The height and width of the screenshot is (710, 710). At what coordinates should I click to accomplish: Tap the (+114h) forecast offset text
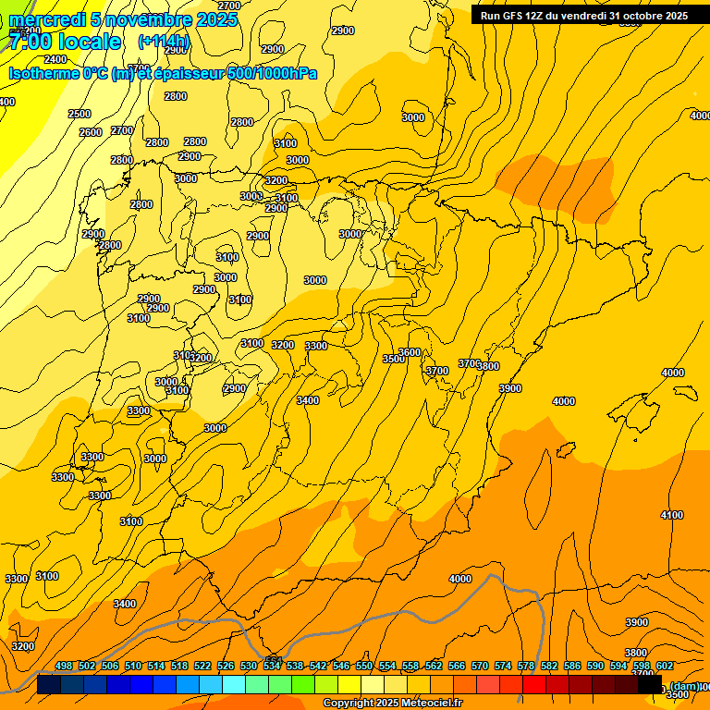coord(163,42)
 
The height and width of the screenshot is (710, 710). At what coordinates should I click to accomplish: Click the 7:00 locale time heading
coord(65,42)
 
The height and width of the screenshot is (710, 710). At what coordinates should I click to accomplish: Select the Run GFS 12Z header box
coord(583,15)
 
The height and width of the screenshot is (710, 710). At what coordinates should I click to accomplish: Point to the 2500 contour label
coord(80,114)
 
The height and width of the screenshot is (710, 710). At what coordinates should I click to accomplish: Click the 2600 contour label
coord(91,132)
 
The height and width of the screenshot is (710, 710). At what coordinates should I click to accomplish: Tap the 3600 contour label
coord(410,352)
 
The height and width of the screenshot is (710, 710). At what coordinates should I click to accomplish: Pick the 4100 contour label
coord(672,515)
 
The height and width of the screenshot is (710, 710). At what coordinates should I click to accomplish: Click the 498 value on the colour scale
coord(64,666)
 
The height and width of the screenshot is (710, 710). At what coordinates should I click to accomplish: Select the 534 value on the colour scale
coord(272,666)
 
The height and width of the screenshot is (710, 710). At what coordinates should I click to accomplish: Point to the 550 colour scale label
coord(364,666)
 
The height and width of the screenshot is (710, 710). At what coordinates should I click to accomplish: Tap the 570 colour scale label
coord(480,666)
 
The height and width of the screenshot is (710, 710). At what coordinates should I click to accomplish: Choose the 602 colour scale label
coord(665,666)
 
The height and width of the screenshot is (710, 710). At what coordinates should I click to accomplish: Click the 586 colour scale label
coord(572,666)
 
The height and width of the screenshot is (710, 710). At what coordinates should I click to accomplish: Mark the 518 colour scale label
coord(179,666)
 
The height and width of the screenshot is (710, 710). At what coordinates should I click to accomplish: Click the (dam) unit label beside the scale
coord(684,686)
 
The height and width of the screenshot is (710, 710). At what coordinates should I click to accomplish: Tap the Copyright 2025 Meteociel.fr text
coord(392,704)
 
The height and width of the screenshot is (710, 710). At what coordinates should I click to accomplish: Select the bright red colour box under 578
coord(534,685)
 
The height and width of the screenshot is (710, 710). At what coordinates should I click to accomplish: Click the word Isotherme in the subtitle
coord(43,73)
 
